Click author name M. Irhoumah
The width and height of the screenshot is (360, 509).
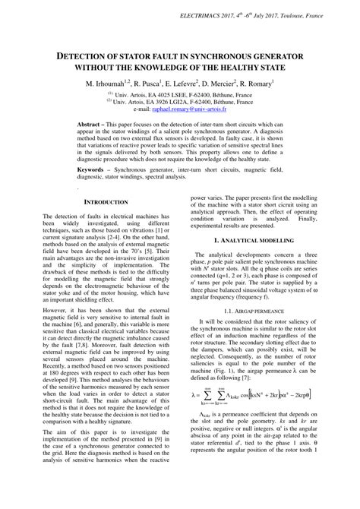pyautogui.click(x=107, y=83)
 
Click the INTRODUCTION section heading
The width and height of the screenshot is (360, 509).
pyautogui.click(x=106, y=203)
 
